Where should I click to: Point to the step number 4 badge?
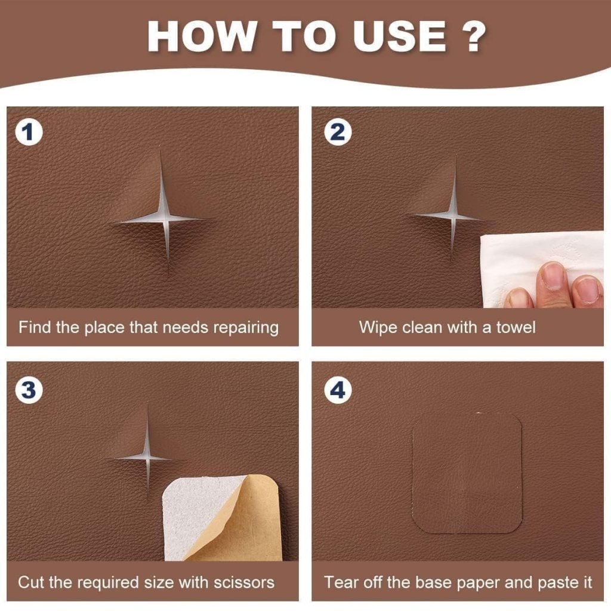pos(337,391)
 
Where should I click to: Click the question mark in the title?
pos(473,37)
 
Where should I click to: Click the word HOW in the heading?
pos(200,37)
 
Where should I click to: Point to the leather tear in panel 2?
pos(453,215)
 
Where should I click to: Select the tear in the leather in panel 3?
pos(147,458)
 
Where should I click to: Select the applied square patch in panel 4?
pos(467,471)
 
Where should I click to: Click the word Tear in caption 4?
pos(339,582)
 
